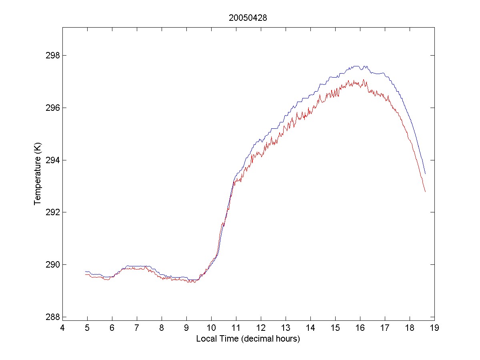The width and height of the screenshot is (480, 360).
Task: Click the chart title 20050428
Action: coord(248,18)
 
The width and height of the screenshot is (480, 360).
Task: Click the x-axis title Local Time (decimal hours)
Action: coord(248,339)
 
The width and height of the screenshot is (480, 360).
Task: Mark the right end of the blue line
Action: coord(425,174)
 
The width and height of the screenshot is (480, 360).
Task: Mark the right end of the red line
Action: coord(425,192)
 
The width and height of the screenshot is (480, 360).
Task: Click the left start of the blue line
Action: coord(85,271)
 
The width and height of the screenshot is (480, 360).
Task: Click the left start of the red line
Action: coord(85,274)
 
